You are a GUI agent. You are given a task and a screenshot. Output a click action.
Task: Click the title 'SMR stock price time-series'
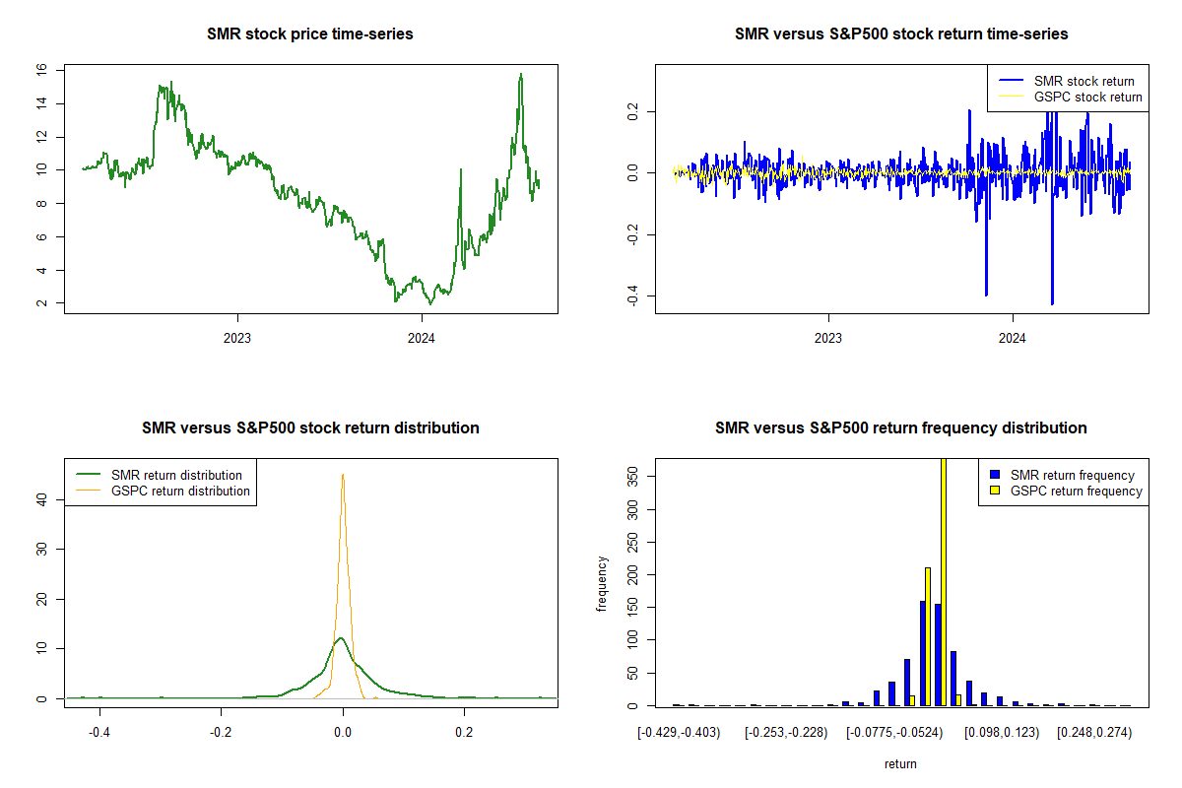click(310, 33)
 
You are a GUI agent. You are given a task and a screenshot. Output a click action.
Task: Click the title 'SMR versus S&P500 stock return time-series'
click(901, 33)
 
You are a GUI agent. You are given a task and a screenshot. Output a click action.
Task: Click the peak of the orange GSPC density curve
click(343, 475)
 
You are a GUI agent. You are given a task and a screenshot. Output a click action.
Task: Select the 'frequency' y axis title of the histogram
click(603, 584)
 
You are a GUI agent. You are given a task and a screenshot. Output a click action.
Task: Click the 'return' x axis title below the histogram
click(900, 763)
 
